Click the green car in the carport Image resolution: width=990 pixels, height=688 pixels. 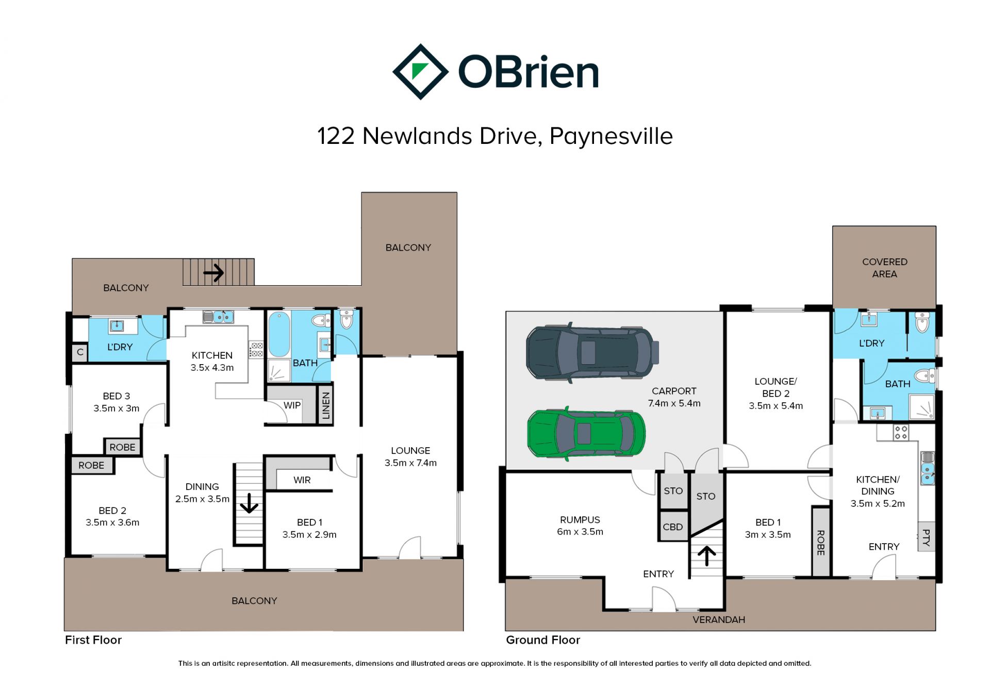[586, 433]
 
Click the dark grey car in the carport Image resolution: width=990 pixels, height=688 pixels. [592, 353]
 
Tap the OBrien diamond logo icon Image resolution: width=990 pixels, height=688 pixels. [420, 72]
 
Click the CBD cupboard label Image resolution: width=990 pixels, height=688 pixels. [672, 527]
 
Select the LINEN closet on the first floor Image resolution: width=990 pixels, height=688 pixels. [325, 405]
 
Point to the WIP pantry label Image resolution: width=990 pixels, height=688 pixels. [292, 405]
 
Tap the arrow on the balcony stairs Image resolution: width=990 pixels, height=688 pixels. [213, 272]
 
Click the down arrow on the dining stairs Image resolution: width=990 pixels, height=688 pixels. [249, 503]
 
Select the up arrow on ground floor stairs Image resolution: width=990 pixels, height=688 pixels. [706, 556]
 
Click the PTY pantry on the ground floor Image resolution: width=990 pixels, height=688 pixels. [927, 537]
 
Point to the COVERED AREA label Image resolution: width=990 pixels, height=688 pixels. [884, 268]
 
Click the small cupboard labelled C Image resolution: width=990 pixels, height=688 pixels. [80, 352]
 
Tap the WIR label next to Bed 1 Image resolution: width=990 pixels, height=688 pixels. [302, 480]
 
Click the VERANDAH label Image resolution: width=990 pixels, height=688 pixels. [719, 620]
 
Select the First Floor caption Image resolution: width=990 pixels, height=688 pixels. [93, 640]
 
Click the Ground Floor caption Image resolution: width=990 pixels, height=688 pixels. [543, 640]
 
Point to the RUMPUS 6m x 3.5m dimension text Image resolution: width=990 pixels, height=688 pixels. [580, 532]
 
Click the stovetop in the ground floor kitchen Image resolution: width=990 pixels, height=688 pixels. [901, 432]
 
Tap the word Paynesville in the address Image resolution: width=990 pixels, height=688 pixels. [611, 137]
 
